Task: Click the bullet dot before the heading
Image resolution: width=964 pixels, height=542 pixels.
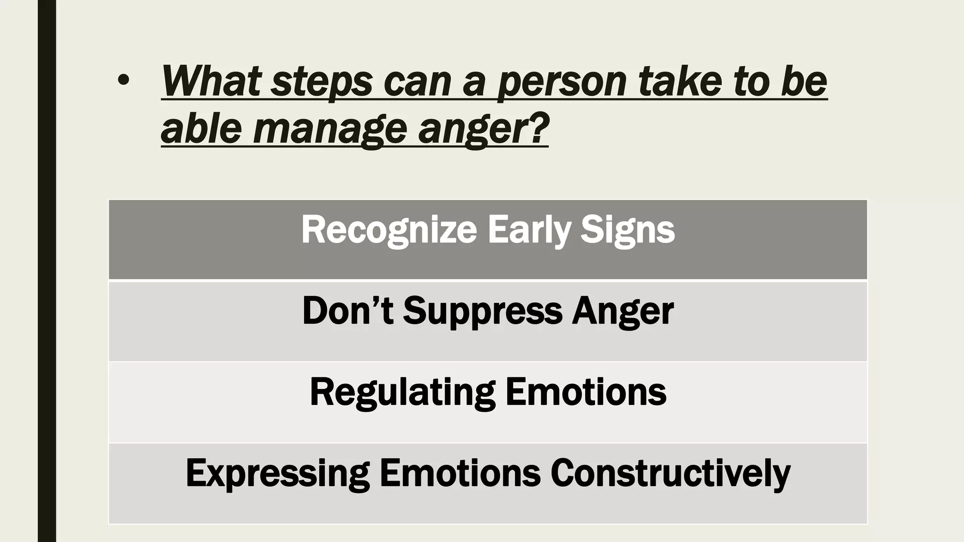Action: pyautogui.click(x=123, y=81)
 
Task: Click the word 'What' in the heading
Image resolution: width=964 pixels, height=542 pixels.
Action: pyautogui.click(x=211, y=81)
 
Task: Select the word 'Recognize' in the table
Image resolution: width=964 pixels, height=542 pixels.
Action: pyautogui.click(x=389, y=230)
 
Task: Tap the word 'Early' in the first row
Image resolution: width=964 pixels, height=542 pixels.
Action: pyautogui.click(x=528, y=230)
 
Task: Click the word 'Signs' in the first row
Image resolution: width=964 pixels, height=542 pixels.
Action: pyautogui.click(x=627, y=230)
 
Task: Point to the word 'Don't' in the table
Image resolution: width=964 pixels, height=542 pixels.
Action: pyautogui.click(x=347, y=311)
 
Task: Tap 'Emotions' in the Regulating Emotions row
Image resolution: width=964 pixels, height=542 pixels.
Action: pyautogui.click(x=586, y=391)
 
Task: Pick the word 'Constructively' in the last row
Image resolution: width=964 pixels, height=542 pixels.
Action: pyautogui.click(x=670, y=473)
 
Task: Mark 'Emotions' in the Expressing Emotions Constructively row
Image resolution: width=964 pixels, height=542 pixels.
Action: pyautogui.click(x=460, y=472)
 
